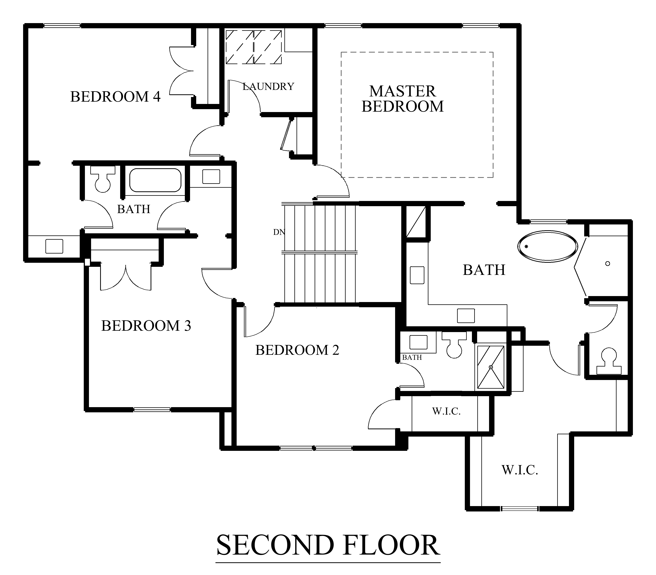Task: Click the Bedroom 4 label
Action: tap(115, 97)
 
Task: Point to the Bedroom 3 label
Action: tap(146, 326)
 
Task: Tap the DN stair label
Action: tap(279, 232)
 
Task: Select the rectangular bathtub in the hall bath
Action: tap(155, 180)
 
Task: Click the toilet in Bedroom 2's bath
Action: tap(454, 345)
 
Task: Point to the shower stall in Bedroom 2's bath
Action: tap(491, 367)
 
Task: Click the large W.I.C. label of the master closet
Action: tap(520, 470)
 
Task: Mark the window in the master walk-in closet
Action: tap(520, 508)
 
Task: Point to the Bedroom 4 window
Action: tap(62, 26)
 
